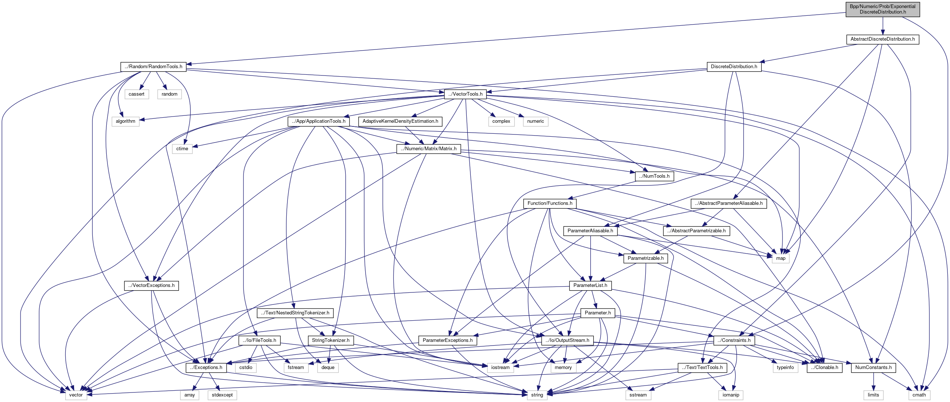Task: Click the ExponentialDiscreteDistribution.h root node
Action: point(882,9)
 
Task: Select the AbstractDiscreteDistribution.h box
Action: point(882,39)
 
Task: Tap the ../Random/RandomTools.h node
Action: point(153,67)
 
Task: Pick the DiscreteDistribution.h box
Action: point(734,67)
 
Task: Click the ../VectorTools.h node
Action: point(465,94)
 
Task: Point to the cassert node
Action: point(136,94)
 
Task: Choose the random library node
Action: point(169,94)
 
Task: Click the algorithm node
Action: point(125,121)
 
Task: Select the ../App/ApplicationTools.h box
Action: point(319,121)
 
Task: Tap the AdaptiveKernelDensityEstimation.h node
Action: point(400,121)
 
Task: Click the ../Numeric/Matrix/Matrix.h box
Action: point(429,149)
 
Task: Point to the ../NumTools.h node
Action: point(654,176)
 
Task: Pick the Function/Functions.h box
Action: point(550,203)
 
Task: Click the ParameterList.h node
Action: point(590,285)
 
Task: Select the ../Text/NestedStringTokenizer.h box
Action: point(295,313)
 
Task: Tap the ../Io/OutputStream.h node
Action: point(567,340)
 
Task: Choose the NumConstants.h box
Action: point(873,367)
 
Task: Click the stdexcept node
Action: point(222,395)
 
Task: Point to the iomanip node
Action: point(731,395)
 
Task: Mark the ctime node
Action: point(182,149)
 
